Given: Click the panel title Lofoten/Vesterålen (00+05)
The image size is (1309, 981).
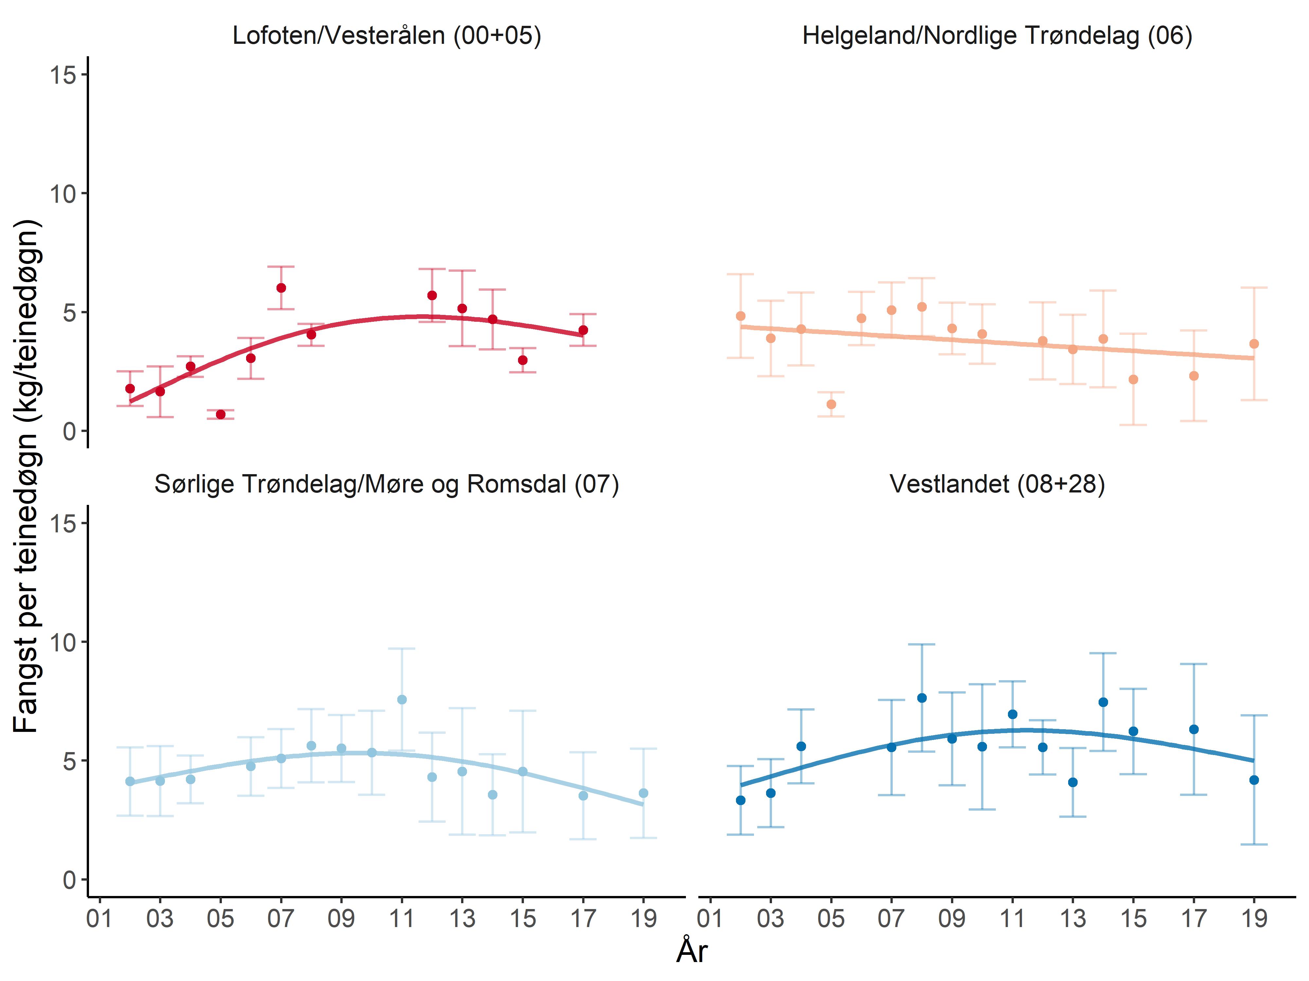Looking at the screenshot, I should tap(386, 36).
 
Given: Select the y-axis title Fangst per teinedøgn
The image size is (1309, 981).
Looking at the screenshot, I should tap(27, 476).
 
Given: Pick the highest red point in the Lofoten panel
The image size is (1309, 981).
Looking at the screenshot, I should tap(281, 288).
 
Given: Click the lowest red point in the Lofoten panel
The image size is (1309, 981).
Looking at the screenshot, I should tap(221, 415).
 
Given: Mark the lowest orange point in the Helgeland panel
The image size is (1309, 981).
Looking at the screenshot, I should tap(831, 404).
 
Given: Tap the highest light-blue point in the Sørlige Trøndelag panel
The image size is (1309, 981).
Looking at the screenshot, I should tap(402, 699).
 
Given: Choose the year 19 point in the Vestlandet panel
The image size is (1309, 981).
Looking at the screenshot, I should tap(1253, 780).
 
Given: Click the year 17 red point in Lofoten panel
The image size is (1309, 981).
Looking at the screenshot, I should tap(583, 330).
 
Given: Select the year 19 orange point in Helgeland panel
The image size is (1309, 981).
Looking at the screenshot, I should tap(1253, 344).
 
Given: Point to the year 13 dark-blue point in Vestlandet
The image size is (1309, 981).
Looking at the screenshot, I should tap(1073, 782).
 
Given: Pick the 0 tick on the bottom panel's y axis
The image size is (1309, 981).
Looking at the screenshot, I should tap(69, 879).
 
